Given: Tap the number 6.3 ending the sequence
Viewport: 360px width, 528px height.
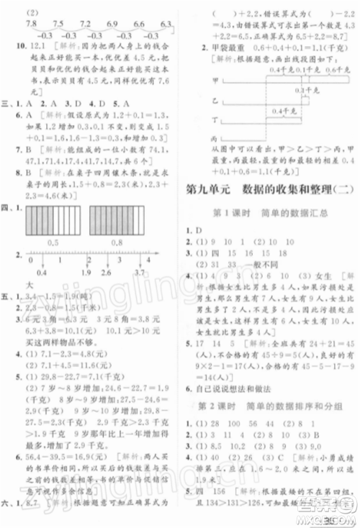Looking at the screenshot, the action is point(166,24).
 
